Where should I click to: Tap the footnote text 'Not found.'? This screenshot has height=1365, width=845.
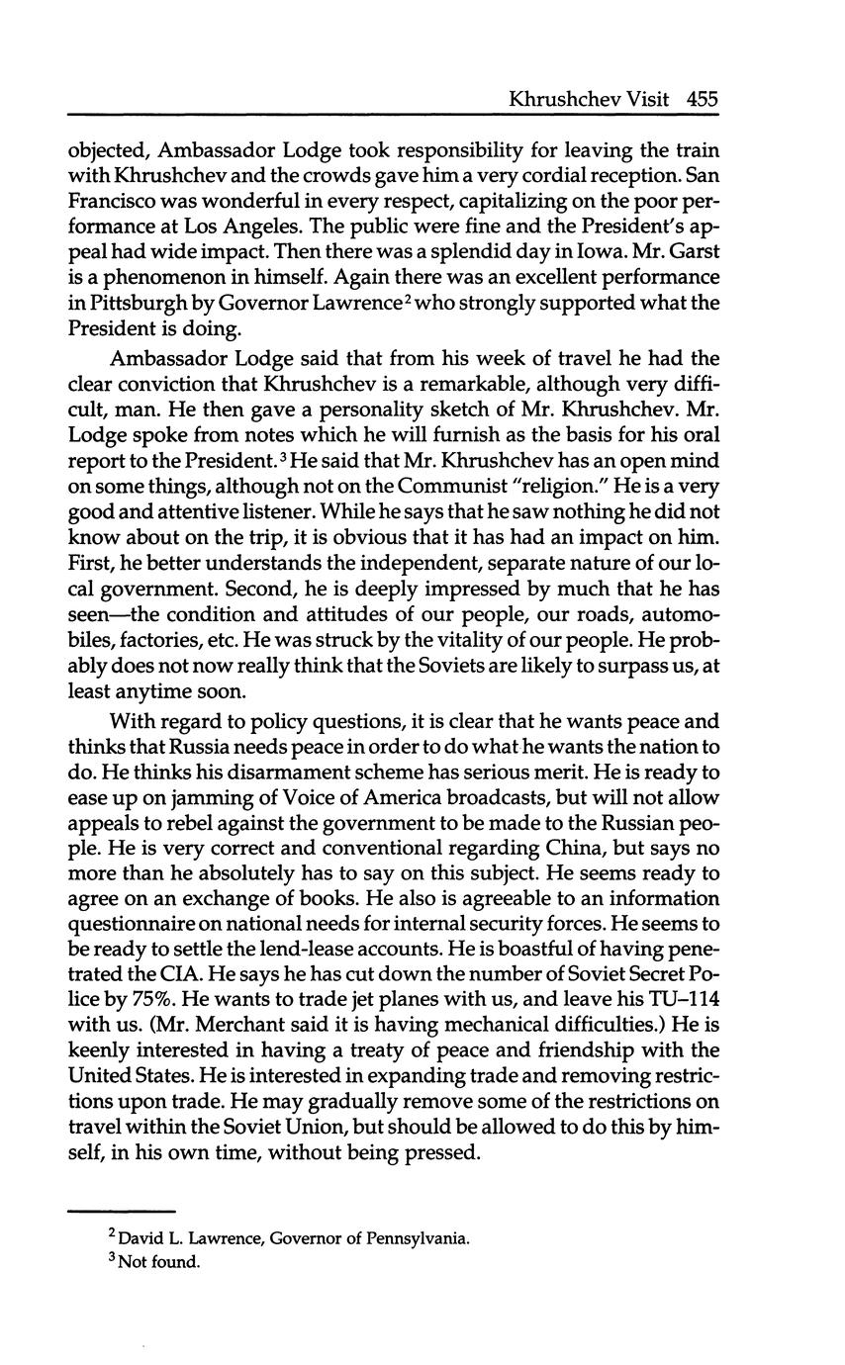158,1262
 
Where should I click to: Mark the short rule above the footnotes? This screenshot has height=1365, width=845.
121,1211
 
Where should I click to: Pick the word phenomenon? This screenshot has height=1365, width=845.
161,277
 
